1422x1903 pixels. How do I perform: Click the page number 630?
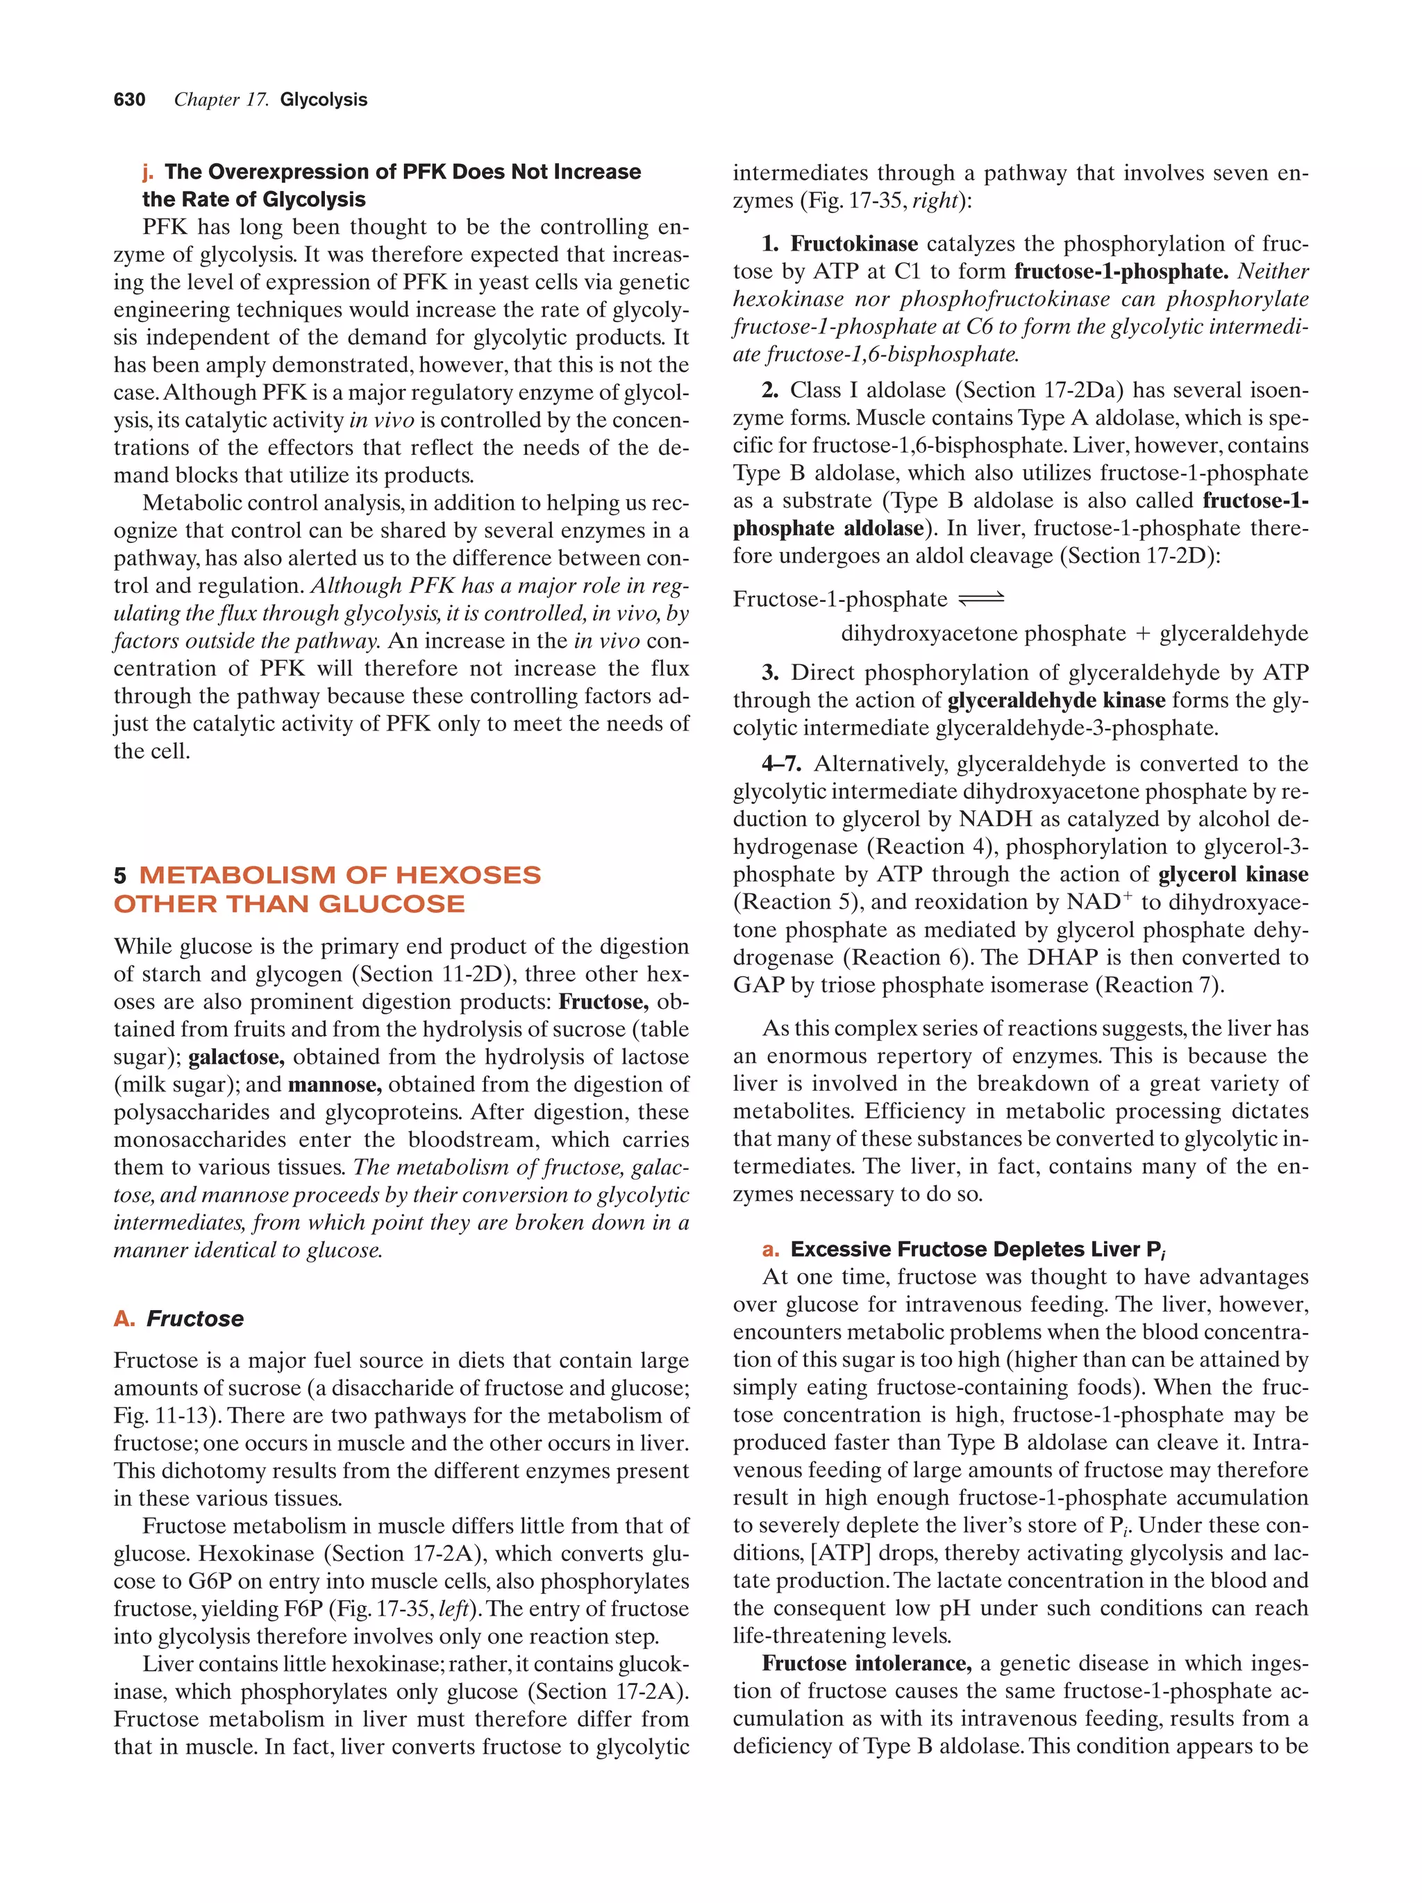129,100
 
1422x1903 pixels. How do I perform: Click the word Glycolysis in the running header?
324,100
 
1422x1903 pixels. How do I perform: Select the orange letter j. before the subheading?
148,172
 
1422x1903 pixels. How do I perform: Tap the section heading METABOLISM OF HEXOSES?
339,875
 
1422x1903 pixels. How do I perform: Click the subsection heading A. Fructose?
179,1319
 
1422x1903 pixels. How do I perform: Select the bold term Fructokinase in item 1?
853,244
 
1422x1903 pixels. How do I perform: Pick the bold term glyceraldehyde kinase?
1055,701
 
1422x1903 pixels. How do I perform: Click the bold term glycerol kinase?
1232,874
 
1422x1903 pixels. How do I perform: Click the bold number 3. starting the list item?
770,673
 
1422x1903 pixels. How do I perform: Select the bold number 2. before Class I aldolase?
770,391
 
